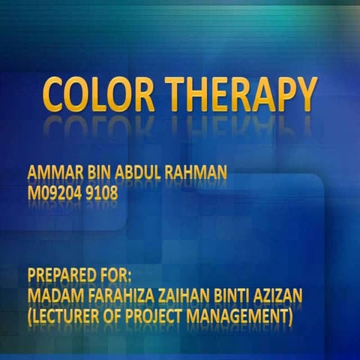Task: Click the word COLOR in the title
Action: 98,95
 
